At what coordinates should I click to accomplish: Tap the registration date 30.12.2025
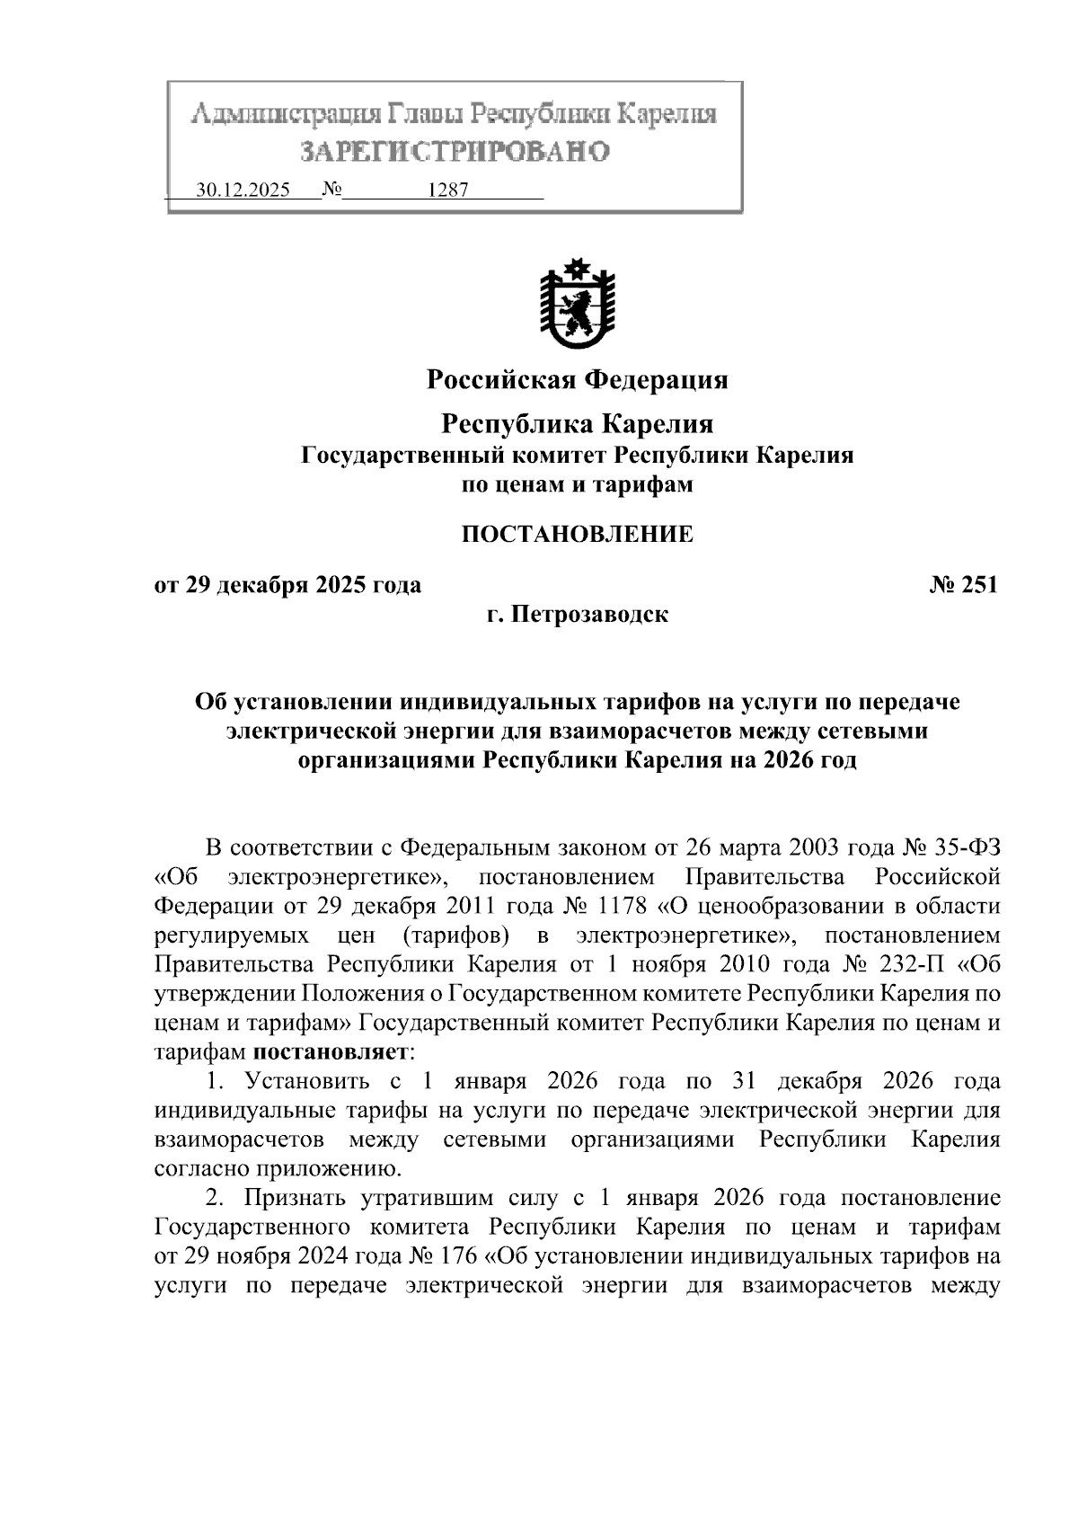(243, 191)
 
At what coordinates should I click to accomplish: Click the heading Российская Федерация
(577, 380)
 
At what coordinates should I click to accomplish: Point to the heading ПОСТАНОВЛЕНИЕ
(577, 535)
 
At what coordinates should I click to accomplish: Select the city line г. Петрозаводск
(577, 616)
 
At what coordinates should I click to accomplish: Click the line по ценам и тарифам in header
(577, 485)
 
